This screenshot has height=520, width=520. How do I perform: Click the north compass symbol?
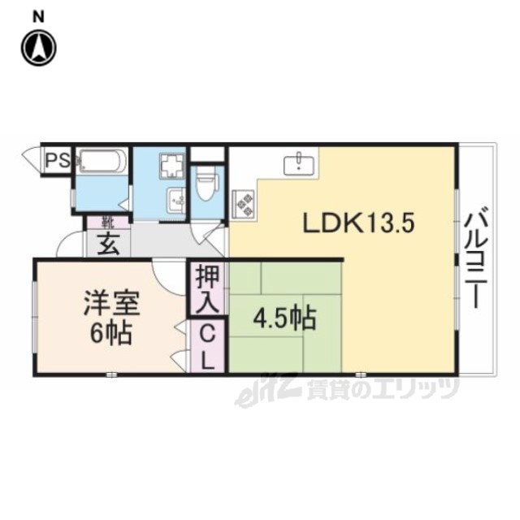pos(39,47)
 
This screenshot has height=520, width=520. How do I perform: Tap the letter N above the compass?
pos(38,17)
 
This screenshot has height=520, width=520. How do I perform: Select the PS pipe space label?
pos(58,161)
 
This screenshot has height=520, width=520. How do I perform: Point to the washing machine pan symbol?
pos(171,167)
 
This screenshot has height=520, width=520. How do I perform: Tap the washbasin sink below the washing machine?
pos(176,200)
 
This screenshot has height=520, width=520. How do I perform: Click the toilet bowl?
pos(206,183)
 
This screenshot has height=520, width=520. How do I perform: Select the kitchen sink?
pos(299,163)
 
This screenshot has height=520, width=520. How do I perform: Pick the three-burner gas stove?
pos(244,204)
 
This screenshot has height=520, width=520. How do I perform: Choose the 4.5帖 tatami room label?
pos(284,318)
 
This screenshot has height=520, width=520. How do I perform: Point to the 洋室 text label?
pos(111,303)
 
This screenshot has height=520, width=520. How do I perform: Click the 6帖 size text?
pos(111,332)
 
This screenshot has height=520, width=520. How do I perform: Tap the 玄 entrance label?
pos(109,244)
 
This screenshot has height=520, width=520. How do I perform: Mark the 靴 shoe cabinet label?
pos(108,223)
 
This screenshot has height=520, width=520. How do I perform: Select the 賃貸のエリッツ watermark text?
pos(383,388)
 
